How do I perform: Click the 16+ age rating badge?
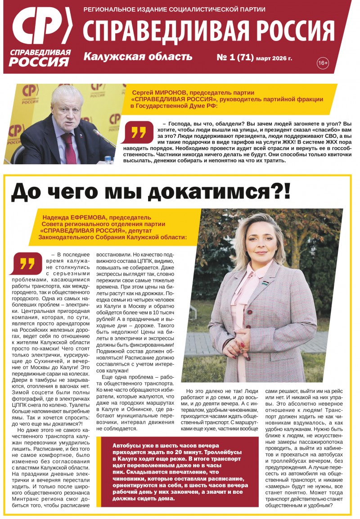(323, 63)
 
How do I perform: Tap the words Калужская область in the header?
(138, 57)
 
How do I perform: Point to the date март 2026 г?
(274, 59)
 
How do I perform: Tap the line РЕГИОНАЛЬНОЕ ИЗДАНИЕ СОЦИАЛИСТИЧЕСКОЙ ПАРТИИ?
(174, 9)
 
